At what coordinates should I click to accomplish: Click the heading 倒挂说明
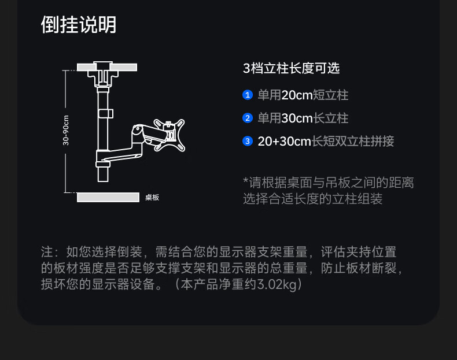point(79,24)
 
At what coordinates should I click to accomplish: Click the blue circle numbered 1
point(248,95)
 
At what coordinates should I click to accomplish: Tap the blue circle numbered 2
point(248,118)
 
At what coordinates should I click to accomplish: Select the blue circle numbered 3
point(248,141)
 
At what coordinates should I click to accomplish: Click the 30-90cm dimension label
point(66,131)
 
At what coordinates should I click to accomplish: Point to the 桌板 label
point(152,198)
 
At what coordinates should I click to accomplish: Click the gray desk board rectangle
point(108,197)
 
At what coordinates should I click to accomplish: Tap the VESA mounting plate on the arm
point(169,135)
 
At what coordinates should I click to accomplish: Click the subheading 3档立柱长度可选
point(292,68)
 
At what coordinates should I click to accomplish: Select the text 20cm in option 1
point(297,95)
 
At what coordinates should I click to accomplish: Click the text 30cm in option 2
point(297,118)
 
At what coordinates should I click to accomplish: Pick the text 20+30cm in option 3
point(285,142)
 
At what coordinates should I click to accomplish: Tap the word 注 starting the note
point(47,252)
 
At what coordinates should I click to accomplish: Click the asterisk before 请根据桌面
point(246,180)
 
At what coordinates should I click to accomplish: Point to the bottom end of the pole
point(103,181)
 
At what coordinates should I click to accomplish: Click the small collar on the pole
point(105,114)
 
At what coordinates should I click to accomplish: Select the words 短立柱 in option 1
point(330,95)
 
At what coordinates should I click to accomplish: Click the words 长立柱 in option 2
point(330,118)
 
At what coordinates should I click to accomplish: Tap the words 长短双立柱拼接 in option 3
point(353,142)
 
